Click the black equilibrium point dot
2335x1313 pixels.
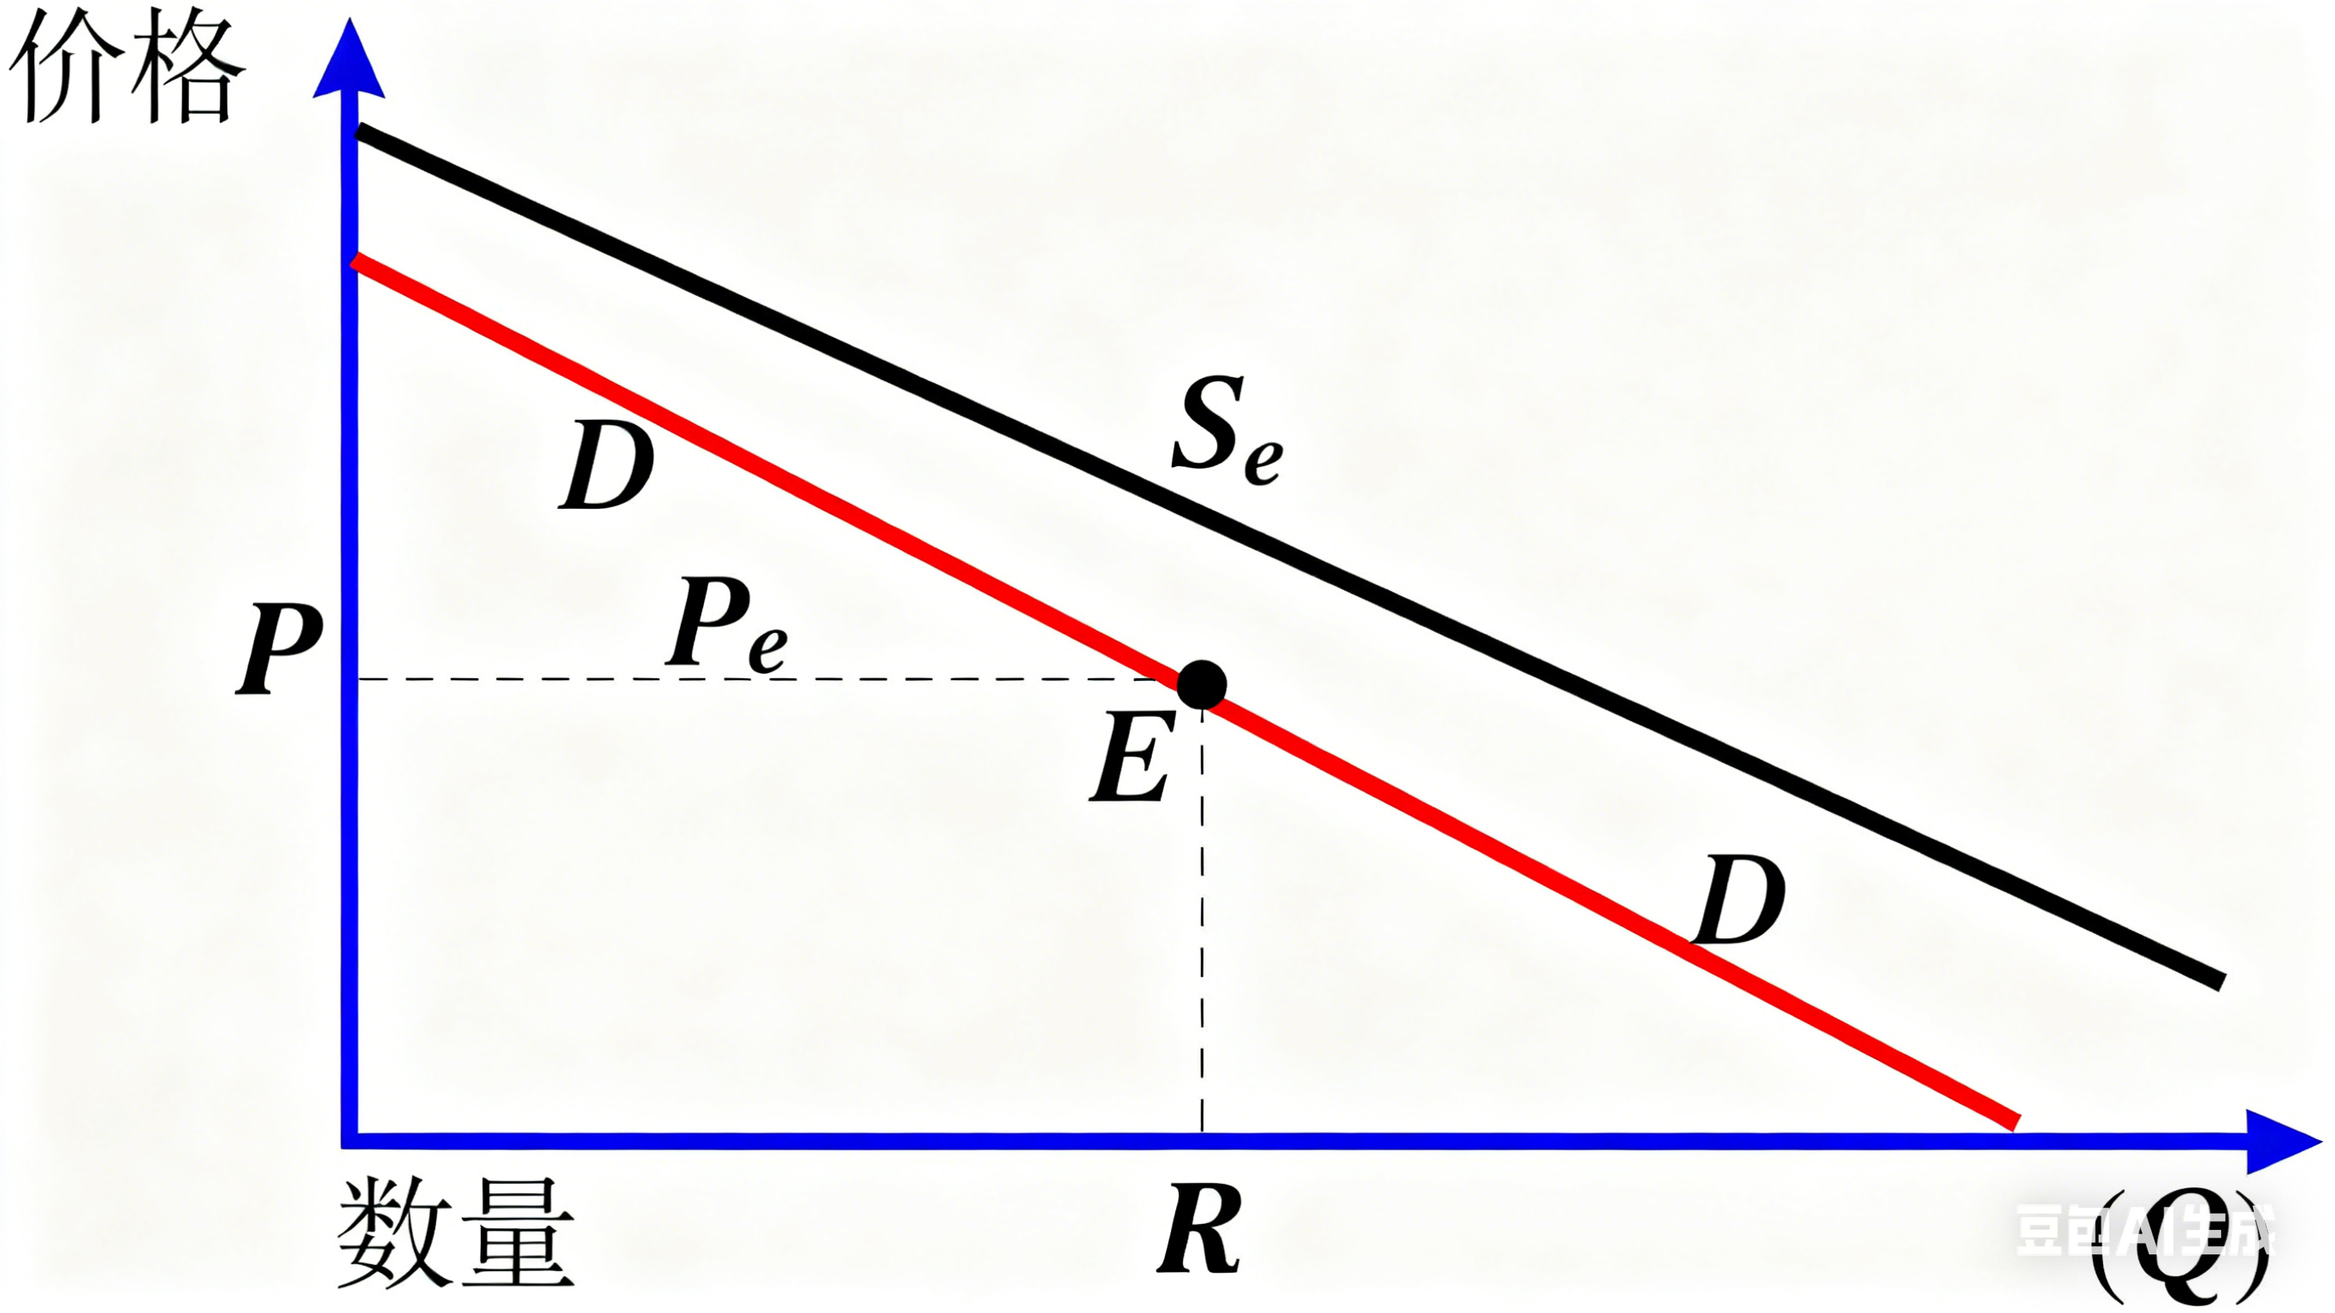pyautogui.click(x=1202, y=684)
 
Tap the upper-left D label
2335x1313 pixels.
pyautogui.click(x=606, y=467)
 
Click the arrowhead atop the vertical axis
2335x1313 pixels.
pyautogui.click(x=349, y=62)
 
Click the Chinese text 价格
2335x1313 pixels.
pyautogui.click(x=127, y=73)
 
